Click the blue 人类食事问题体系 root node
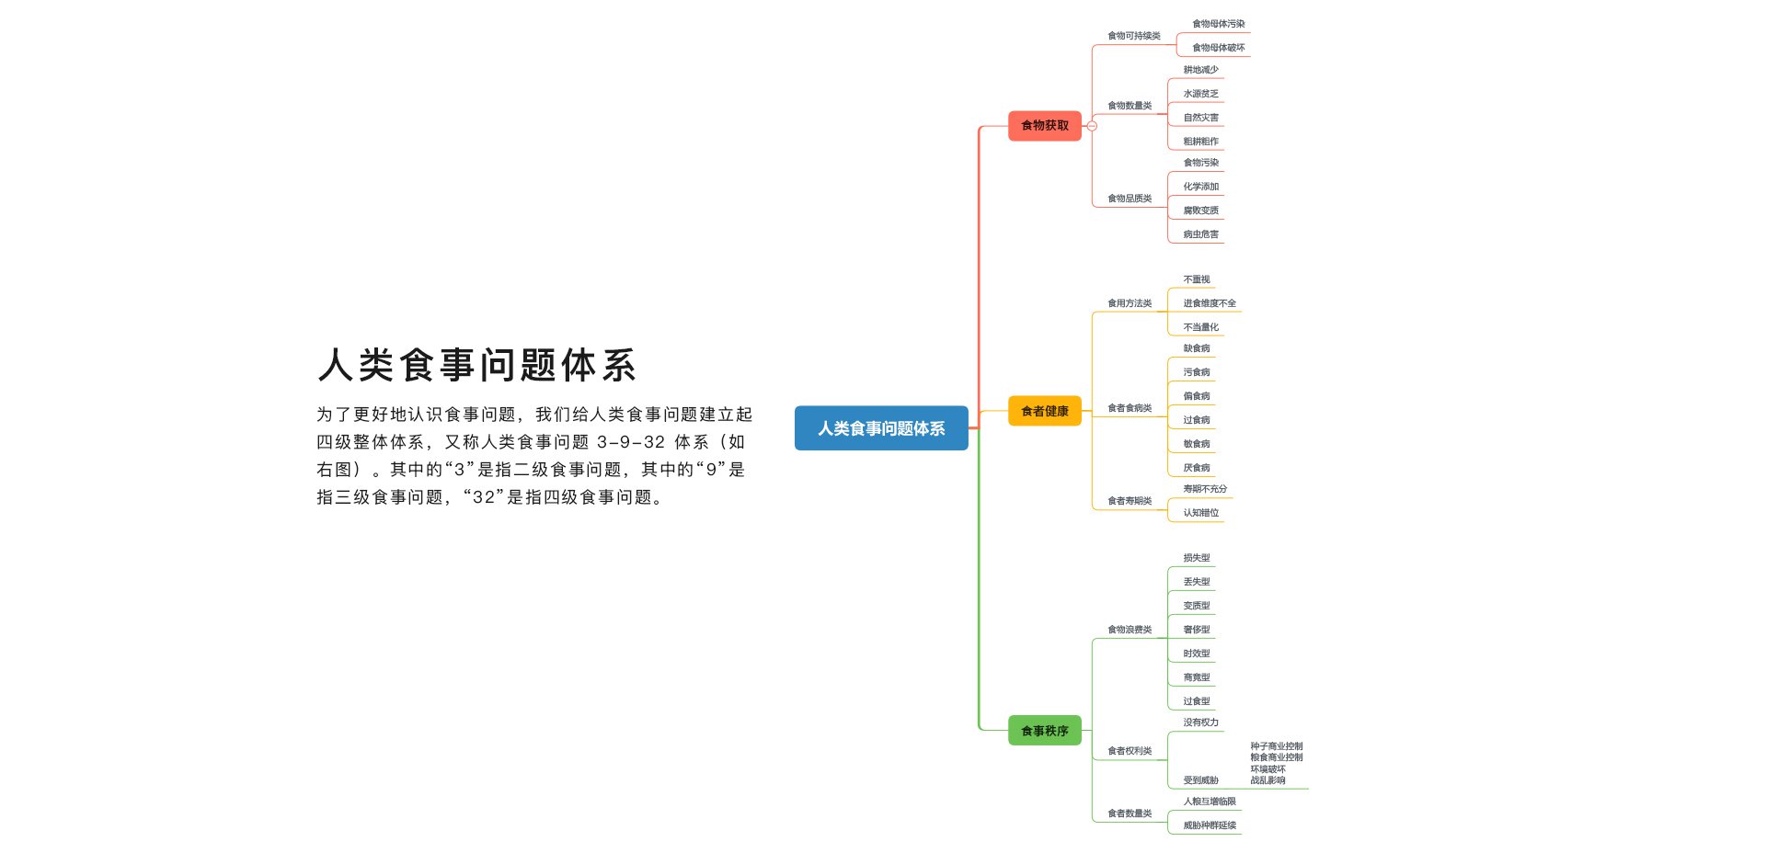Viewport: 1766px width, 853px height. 881,428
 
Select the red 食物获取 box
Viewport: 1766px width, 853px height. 1045,125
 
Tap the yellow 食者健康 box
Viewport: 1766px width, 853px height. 1045,411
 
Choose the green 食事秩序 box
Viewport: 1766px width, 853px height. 1045,731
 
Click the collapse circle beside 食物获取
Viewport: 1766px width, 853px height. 1092,126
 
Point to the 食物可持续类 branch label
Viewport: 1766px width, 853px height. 1134,36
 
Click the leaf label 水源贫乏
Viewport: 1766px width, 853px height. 1200,94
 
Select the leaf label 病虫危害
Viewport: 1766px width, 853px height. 1200,234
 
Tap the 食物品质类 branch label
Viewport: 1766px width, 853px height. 1130,199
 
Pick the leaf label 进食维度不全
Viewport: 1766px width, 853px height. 1210,303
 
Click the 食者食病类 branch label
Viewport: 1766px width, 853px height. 1130,408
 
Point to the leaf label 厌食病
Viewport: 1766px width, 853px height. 1197,468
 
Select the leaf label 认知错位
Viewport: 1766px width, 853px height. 1200,513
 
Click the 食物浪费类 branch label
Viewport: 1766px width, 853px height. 1130,630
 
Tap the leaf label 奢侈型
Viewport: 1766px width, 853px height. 1197,630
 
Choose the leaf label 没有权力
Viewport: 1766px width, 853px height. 1200,722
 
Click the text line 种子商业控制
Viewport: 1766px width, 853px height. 1277,746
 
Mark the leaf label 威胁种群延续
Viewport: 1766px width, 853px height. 1210,825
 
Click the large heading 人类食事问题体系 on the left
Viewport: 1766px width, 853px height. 477,365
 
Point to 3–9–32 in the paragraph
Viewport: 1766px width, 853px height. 631,442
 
